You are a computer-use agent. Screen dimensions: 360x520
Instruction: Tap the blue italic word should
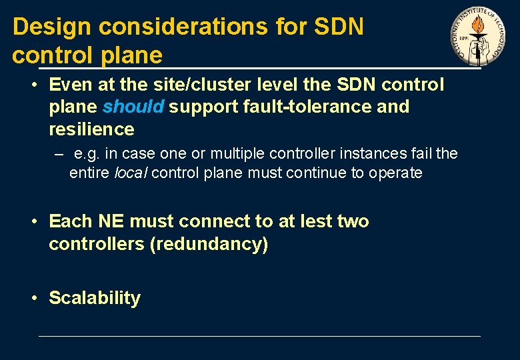tap(133, 107)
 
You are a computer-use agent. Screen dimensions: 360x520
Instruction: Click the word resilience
tap(91, 129)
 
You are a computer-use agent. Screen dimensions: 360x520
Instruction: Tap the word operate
tap(397, 173)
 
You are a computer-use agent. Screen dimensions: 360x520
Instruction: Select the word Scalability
tap(95, 298)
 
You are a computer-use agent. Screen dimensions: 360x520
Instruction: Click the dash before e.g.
tap(59, 154)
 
